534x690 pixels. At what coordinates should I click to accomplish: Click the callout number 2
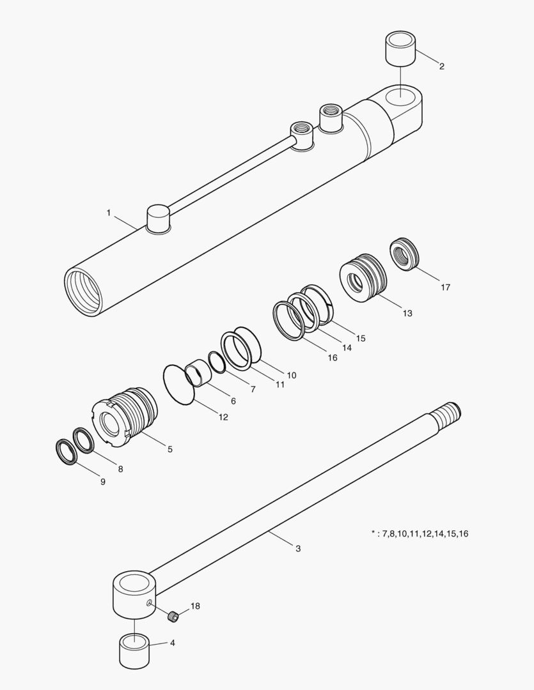pos(441,66)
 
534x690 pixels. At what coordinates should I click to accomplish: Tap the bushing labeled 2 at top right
pos(401,49)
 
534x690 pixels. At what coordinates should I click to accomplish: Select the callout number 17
pos(446,287)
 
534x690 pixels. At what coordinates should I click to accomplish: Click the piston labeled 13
pos(363,278)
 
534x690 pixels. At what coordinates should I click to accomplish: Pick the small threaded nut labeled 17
pos(404,254)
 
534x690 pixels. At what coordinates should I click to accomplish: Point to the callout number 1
pos(109,213)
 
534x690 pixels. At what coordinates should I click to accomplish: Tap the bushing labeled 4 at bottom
pos(134,651)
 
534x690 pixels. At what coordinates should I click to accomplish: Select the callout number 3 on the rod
pos(298,549)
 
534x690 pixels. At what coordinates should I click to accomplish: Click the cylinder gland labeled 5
pos(125,417)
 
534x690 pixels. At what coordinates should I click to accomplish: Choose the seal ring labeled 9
pos(67,452)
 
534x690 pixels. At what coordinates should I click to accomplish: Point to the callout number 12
pos(223,417)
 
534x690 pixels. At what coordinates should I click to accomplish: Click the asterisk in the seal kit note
pos(373,533)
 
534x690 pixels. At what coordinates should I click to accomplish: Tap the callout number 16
pos(332,358)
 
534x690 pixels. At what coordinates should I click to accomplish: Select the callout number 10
pos(291,376)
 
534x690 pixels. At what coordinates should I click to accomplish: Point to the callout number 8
pos(120,469)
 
